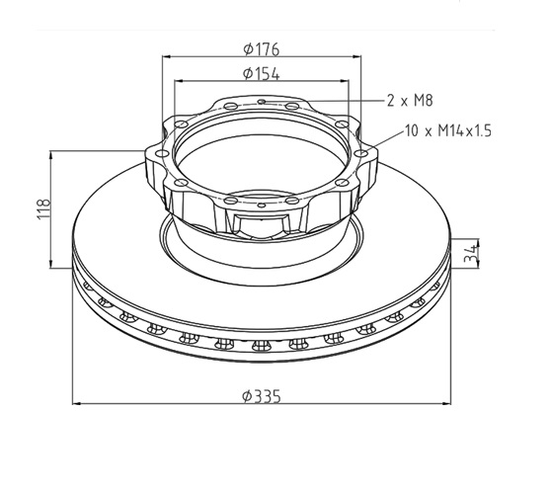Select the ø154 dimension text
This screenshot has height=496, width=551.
point(262,72)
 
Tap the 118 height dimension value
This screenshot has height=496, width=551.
point(42,208)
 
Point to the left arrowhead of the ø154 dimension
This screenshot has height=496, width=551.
point(179,81)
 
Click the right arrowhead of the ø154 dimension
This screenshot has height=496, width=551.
point(345,81)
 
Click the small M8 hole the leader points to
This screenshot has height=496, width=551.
point(262,101)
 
